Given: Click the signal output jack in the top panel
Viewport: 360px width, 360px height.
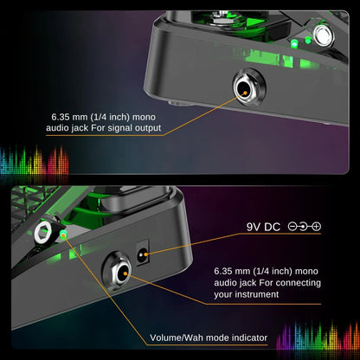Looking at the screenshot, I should click(x=247, y=87).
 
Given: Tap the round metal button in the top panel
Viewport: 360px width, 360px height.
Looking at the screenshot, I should click(x=326, y=35).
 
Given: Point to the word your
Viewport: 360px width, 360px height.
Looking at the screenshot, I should click(x=227, y=294).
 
